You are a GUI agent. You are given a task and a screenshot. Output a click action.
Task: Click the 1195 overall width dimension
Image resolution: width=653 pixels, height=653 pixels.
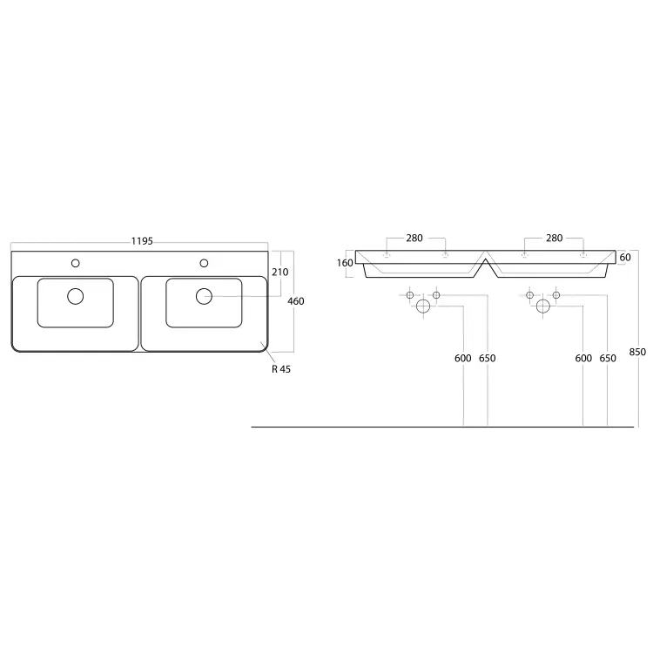coord(142,241)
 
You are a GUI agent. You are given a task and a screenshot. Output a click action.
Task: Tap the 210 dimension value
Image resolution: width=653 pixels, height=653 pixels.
coord(279,272)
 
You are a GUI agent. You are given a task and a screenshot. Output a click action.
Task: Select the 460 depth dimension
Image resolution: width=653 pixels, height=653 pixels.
coord(296,301)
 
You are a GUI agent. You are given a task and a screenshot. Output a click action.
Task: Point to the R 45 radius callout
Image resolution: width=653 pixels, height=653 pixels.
coord(281,369)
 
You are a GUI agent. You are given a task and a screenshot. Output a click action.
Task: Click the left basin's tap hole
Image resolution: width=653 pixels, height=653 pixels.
coord(76,263)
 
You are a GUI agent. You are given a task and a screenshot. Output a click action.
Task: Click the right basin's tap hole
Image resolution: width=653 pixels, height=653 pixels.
coord(204,263)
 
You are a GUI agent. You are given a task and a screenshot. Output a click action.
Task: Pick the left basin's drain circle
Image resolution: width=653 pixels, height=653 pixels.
coord(76,296)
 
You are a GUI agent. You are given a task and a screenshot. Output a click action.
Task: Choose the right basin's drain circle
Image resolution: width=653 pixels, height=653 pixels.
coord(204,296)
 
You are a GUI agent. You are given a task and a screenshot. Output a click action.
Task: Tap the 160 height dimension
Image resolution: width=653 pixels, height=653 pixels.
coord(345,263)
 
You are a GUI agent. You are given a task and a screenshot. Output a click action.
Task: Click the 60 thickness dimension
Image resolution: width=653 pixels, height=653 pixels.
coord(625,258)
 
